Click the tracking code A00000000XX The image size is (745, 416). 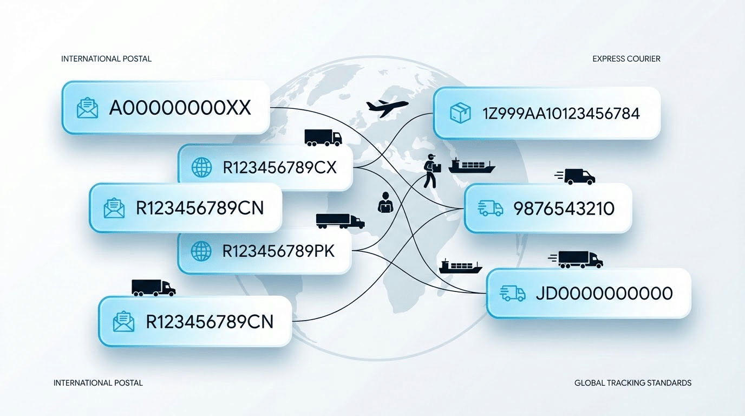pyautogui.click(x=180, y=107)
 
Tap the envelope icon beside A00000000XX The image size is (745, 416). pyautogui.click(x=87, y=108)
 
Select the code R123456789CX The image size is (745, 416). pyautogui.click(x=279, y=167)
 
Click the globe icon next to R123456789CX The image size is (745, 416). pyautogui.click(x=202, y=167)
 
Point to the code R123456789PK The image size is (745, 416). pyautogui.click(x=278, y=251)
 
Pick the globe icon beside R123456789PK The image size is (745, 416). pyautogui.click(x=201, y=251)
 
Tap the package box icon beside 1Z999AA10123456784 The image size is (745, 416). pyautogui.click(x=460, y=113)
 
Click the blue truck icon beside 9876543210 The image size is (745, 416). pyautogui.click(x=491, y=209)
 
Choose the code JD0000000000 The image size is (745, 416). pyautogui.click(x=604, y=293)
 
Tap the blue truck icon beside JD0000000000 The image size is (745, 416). pyautogui.click(x=513, y=293)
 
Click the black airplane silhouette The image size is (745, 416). pyautogui.click(x=387, y=106)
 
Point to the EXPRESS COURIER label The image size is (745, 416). pyautogui.click(x=626, y=58)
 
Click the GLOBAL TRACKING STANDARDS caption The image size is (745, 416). pyautogui.click(x=632, y=383)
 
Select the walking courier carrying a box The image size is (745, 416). pyautogui.click(x=431, y=171)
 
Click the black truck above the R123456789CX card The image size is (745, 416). pyautogui.click(x=323, y=138)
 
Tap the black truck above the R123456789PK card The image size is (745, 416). pyautogui.click(x=340, y=220)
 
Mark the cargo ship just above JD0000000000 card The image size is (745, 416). pyautogui.click(x=460, y=266)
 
